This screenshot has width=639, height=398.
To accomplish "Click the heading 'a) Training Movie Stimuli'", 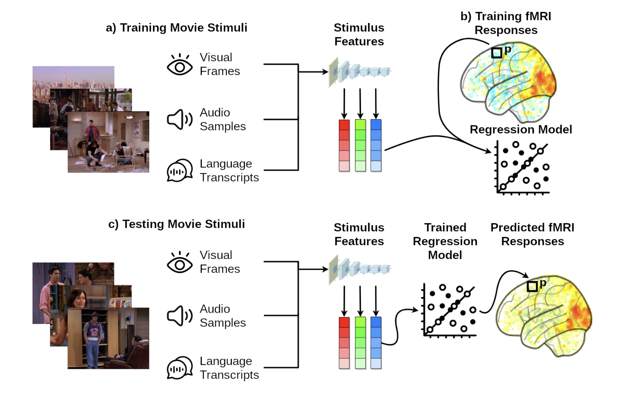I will click(x=177, y=28).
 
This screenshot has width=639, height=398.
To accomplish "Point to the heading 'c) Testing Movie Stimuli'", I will click(x=177, y=224).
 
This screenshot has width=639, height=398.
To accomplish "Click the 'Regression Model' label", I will click(x=521, y=130).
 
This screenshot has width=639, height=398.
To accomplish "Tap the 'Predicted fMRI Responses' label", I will click(x=532, y=234).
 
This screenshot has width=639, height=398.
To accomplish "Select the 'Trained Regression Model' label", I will click(x=445, y=241).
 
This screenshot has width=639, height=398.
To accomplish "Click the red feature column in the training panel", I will click(x=344, y=145).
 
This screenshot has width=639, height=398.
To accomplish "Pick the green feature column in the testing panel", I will click(x=360, y=343).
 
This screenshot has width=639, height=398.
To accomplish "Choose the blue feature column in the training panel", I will click(x=376, y=145).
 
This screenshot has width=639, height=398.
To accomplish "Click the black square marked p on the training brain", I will click(x=496, y=53).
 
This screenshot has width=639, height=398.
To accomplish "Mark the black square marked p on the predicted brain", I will click(x=532, y=286).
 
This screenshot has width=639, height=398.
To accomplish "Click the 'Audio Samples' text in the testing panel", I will click(x=222, y=315).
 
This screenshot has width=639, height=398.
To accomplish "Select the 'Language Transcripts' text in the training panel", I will click(x=229, y=171).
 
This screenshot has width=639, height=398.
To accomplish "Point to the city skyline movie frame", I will click(x=73, y=77).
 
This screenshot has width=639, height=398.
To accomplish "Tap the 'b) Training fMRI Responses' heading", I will click(x=506, y=23).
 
